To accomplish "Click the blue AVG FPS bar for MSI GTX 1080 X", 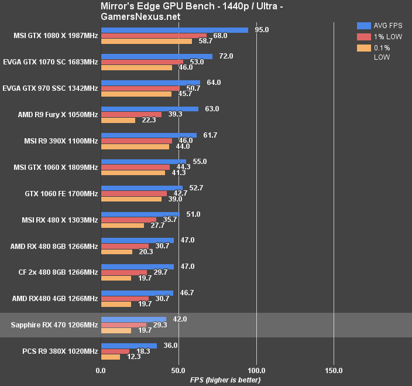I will coord(174,30).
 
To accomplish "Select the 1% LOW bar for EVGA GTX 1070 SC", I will coord(142,62).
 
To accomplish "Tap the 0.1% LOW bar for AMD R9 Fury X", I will coord(118,120).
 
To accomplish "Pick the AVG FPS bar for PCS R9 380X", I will coord(129,346).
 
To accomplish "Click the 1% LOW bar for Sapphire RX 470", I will coord(123,324).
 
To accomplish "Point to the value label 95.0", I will coord(263,30).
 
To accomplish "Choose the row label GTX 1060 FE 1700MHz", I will coord(61,193).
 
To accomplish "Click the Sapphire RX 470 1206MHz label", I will coord(54,324).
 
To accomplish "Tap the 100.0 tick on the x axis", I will coord(256,371).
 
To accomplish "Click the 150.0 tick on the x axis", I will coord(334,371).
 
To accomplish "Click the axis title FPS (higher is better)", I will coord(218,380).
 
